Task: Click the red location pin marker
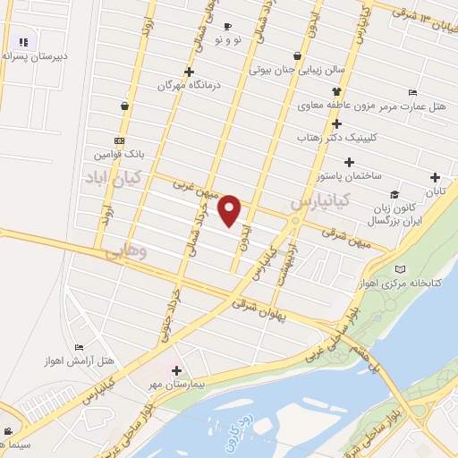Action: pyautogui.click(x=230, y=210)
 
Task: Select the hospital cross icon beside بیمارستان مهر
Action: pyautogui.click(x=176, y=370)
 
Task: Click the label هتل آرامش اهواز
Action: pyautogui.click(x=80, y=360)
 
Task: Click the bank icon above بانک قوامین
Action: pyautogui.click(x=119, y=140)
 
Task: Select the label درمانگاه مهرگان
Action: pyautogui.click(x=189, y=86)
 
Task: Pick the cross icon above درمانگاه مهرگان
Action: pyautogui.click(x=189, y=72)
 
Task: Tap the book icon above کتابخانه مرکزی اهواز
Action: pyautogui.click(x=400, y=268)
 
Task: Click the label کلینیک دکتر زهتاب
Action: pyautogui.click(x=336, y=137)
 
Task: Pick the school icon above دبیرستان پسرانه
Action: pyautogui.click(x=23, y=41)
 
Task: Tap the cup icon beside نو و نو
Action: pyautogui.click(x=227, y=27)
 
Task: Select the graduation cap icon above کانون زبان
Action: pyautogui.click(x=394, y=195)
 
